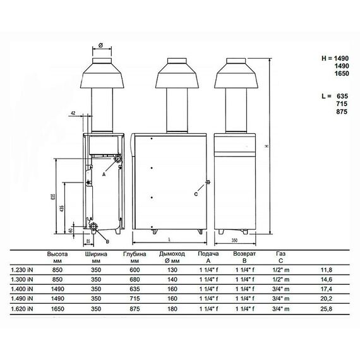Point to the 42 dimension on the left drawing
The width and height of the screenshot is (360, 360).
point(73,112)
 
